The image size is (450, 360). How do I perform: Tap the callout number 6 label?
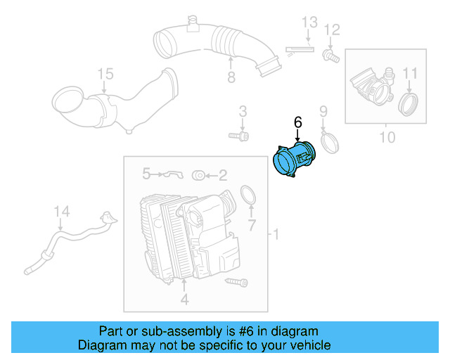point(297,122)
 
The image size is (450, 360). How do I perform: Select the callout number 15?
point(105,74)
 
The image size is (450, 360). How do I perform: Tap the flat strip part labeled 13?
point(300,49)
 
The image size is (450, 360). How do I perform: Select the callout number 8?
point(231,77)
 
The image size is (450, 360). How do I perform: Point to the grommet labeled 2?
point(199,174)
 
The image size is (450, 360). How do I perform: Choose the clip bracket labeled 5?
point(169,174)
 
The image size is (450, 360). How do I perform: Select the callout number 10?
point(387,136)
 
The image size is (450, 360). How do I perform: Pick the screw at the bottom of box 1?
point(237,282)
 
